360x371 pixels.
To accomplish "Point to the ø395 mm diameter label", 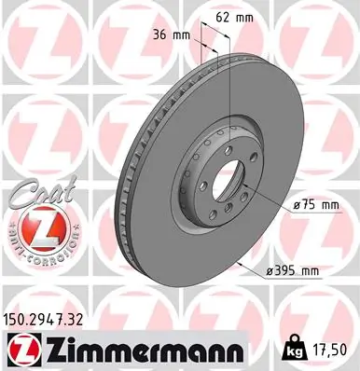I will pyautogui.click(x=292, y=271).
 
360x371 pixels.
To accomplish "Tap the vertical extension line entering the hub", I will pyautogui.click(x=217, y=103).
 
